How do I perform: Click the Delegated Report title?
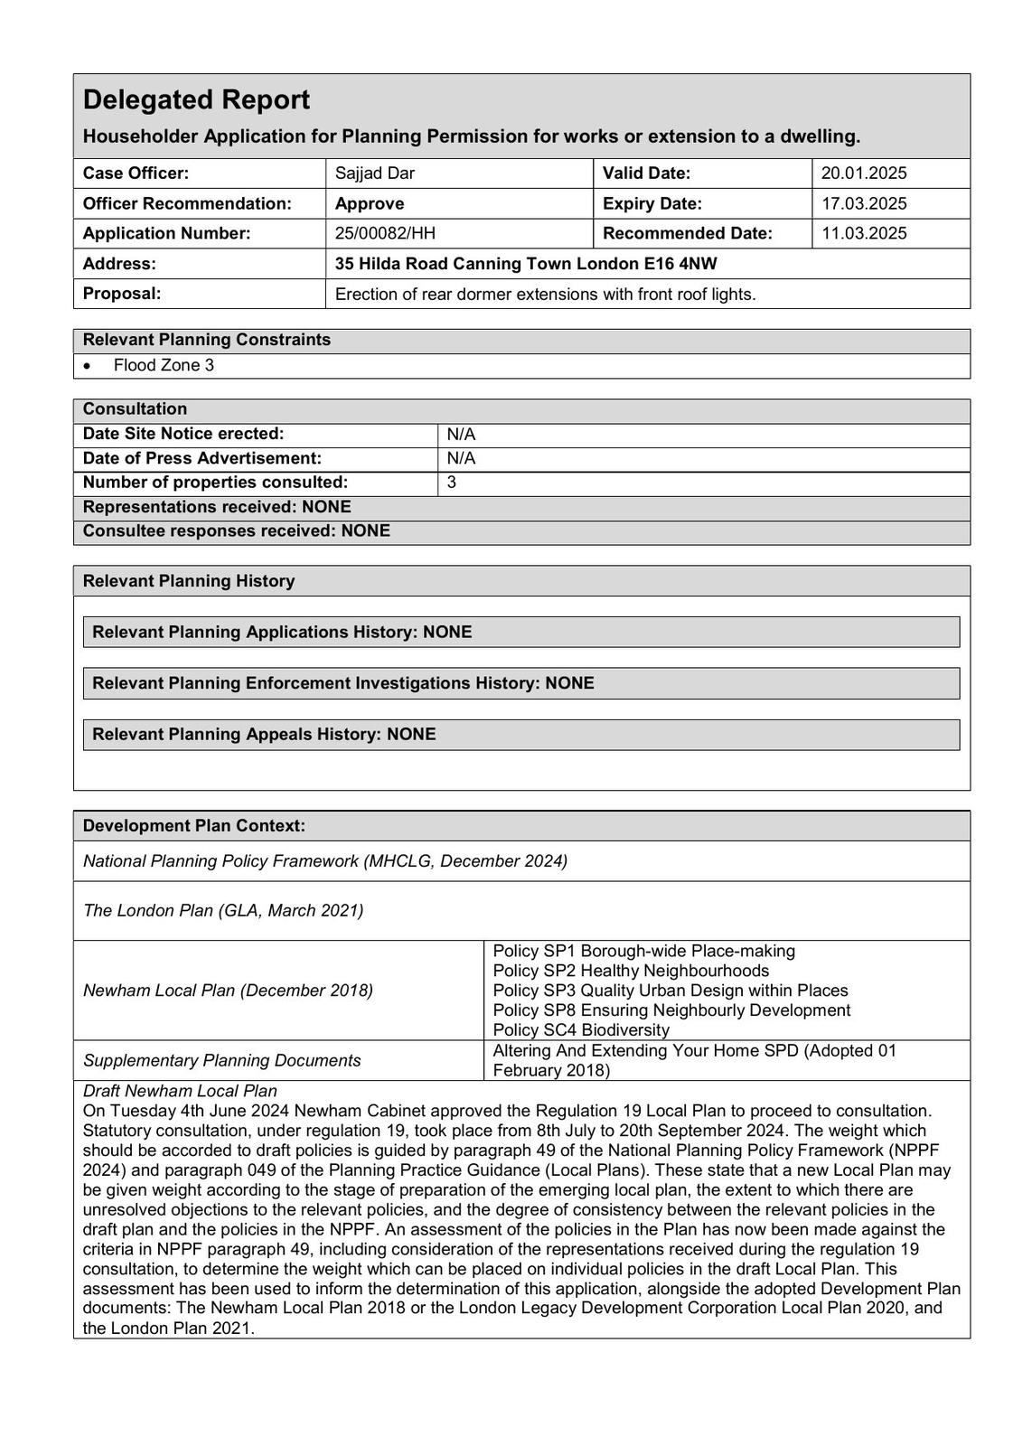tap(196, 99)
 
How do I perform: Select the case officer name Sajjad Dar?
tap(374, 173)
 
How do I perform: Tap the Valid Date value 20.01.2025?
tap(863, 173)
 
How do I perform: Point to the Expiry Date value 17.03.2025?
tap(863, 203)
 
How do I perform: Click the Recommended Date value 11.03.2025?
tap(863, 233)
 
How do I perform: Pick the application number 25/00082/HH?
tap(385, 233)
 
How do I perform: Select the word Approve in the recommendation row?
tap(370, 203)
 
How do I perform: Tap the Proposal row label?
tap(122, 294)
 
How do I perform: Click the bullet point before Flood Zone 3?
tap(87, 365)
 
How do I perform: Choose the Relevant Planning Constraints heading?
tap(207, 340)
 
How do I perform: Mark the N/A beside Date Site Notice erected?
tap(461, 434)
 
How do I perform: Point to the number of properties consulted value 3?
tap(452, 483)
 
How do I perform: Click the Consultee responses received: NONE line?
tap(237, 531)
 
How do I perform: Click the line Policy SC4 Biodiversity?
tap(581, 1029)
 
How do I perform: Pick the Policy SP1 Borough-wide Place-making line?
tap(643, 951)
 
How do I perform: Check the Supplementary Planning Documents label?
tap(221, 1060)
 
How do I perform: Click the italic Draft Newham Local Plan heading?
tap(180, 1091)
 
